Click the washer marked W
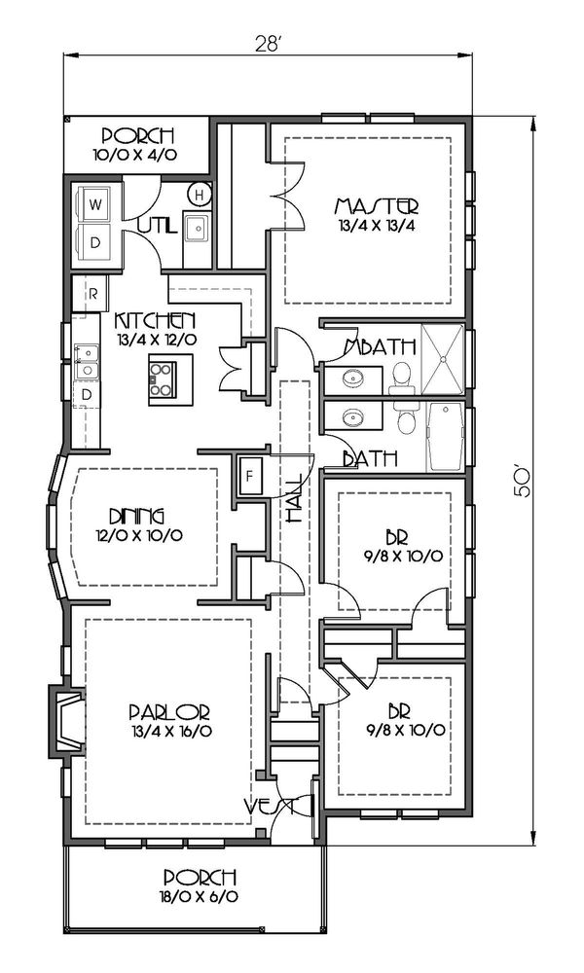tap(95, 205)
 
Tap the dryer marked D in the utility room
tap(95, 243)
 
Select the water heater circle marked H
tap(199, 195)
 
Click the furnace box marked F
tap(250, 477)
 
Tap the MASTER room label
tap(376, 206)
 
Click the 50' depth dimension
tap(523, 483)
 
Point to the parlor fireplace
tap(66, 721)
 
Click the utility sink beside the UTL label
tap(197, 228)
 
